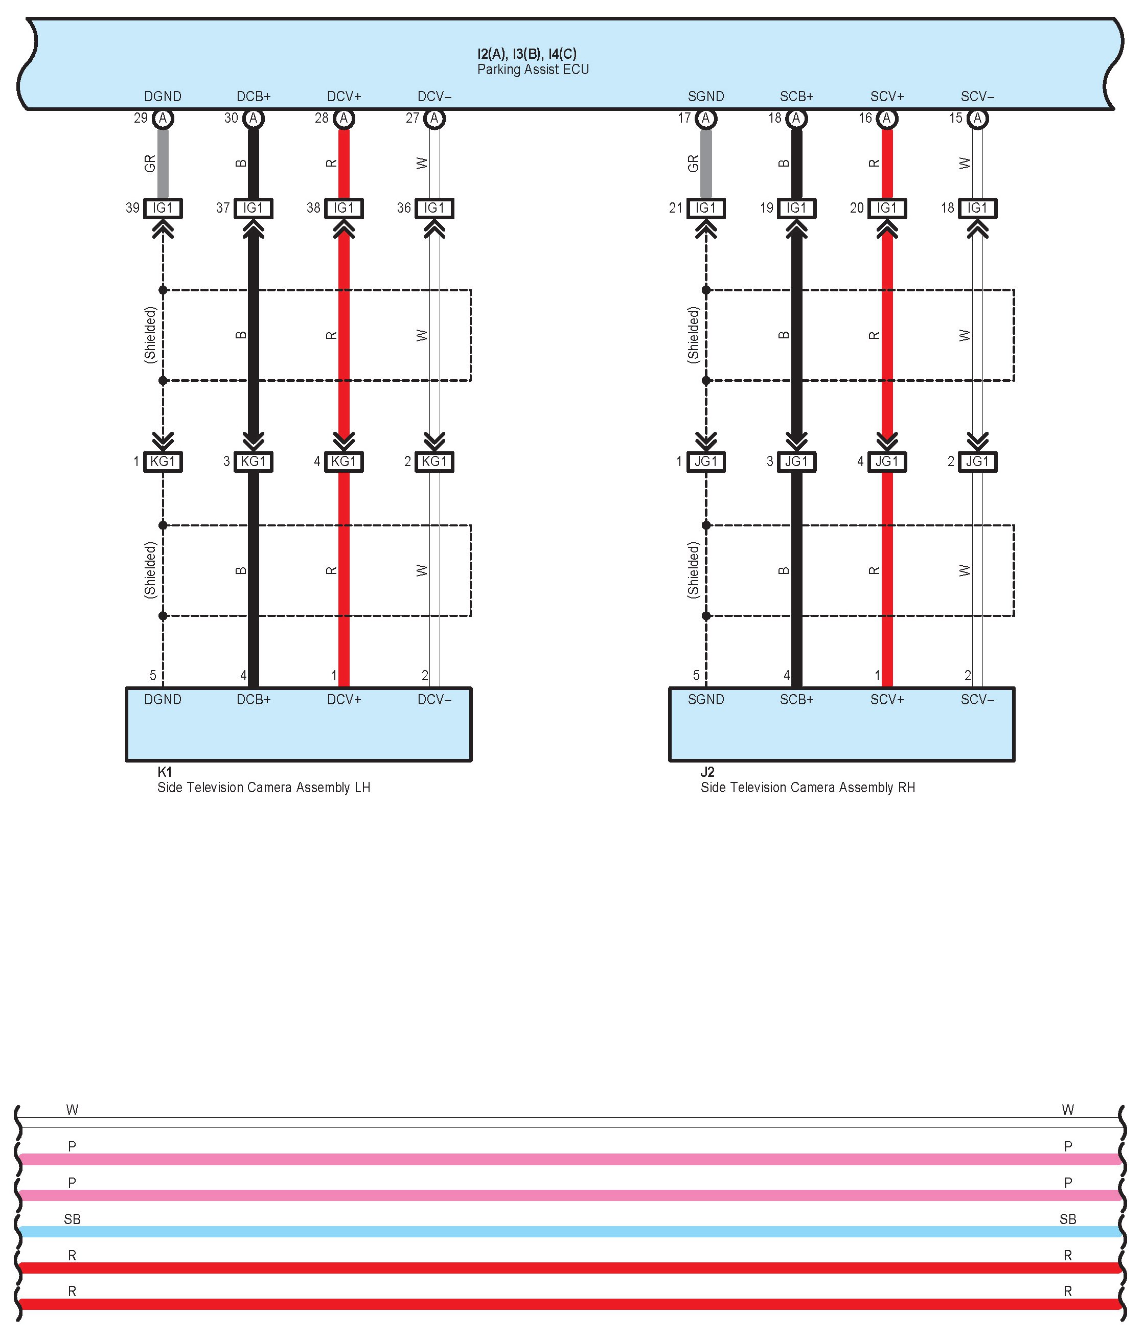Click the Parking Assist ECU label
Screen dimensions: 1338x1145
click(x=533, y=70)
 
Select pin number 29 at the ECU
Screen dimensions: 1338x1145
click(x=141, y=118)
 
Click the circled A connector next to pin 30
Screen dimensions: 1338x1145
click(x=254, y=118)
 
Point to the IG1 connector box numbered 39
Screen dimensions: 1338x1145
click(x=163, y=208)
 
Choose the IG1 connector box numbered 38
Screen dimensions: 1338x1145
click(x=343, y=208)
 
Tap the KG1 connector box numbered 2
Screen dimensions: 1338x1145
click(x=434, y=462)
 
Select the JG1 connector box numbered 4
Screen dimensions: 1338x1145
click(x=887, y=462)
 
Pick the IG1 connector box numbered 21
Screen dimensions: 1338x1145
click(x=706, y=208)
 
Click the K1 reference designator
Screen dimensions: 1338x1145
click(x=165, y=772)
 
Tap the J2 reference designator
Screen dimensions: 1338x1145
click(x=708, y=772)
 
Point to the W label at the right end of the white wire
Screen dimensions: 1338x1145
click(x=1067, y=1110)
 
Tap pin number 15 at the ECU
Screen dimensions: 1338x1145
click(x=956, y=118)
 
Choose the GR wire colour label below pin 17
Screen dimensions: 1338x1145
click(x=694, y=164)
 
